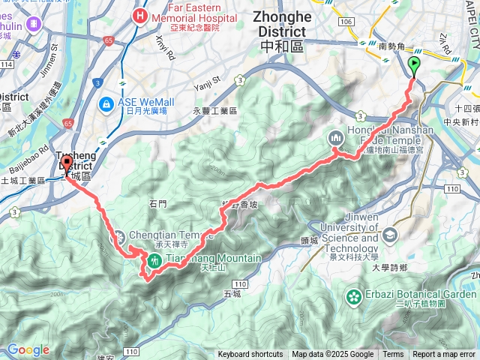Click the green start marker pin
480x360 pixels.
click(414, 65)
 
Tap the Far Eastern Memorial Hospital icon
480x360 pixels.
click(140, 15)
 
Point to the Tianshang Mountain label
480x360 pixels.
click(213, 259)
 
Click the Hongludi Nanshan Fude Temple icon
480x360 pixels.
click(334, 137)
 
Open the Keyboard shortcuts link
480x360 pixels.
click(250, 355)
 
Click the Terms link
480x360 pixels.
click(393, 355)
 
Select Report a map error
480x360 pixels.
click(443, 355)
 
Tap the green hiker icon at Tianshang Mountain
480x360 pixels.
click(154, 260)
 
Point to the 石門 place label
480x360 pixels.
click(159, 202)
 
